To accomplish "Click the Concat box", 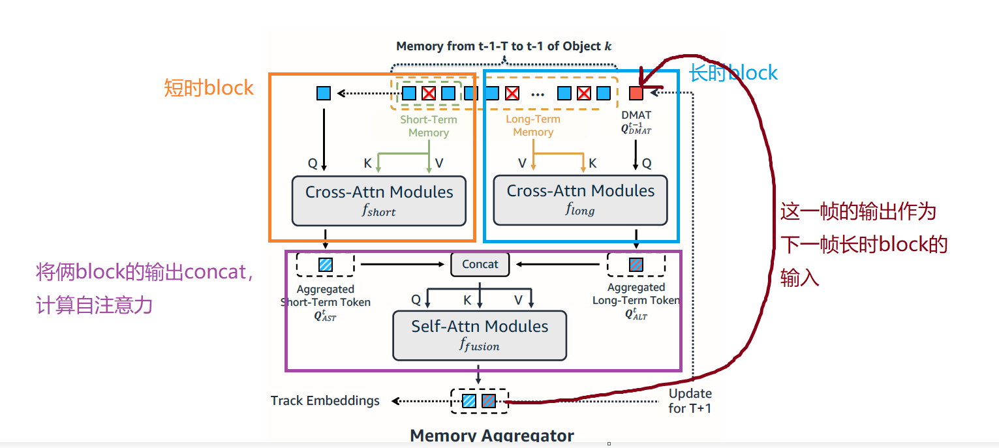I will (x=480, y=264).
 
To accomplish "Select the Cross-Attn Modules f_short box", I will (x=378, y=200).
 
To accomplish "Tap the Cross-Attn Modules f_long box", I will (x=580, y=199).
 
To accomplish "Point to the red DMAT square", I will (x=636, y=93).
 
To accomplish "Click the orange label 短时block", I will (x=208, y=87).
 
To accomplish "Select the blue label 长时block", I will (x=734, y=72).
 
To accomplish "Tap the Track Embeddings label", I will (x=325, y=400).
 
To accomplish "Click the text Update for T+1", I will (x=690, y=401).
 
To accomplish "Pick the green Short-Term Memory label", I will (x=429, y=126).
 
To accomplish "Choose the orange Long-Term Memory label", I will (x=533, y=125).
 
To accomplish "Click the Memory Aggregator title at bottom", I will (x=492, y=435).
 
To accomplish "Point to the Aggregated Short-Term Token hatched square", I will (x=325, y=265).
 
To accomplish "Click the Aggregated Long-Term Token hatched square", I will (x=636, y=265).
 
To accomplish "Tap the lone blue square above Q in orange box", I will (x=324, y=93).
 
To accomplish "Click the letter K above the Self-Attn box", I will (x=467, y=301).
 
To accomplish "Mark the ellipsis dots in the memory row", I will (x=538, y=95).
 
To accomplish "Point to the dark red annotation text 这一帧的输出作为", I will (x=858, y=211).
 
